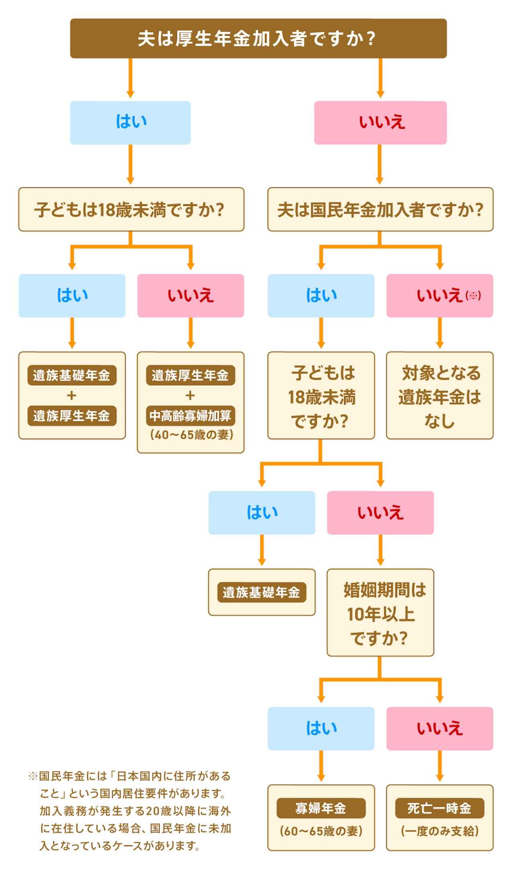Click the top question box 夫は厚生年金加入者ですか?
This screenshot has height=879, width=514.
pos(258,39)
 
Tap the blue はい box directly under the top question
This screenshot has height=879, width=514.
pos(130,122)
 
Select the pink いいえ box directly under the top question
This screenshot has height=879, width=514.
pos(380,122)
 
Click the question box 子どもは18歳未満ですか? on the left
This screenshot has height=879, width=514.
pos(131,209)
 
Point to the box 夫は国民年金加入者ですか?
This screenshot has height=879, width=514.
pos(380,209)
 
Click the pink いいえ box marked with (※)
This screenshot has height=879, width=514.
pos(440,296)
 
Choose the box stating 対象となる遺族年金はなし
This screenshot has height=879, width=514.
pos(440,396)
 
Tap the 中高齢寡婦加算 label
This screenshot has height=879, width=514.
pos(190,416)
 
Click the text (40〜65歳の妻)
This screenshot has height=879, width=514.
pos(190,435)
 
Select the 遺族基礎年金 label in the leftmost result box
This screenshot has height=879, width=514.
pos(71,375)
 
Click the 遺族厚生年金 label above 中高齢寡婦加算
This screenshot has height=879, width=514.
pos(190,375)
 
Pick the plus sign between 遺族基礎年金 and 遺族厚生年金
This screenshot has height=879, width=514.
pos(71,396)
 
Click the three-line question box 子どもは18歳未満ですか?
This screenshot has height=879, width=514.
pos(321,396)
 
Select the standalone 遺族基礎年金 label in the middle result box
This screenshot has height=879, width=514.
pos(261,592)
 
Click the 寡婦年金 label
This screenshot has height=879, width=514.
pos(321,808)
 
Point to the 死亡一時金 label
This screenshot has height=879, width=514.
pos(440,808)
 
